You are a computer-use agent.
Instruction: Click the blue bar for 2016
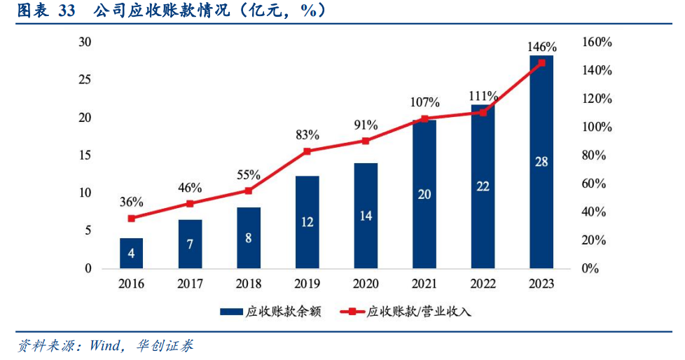click(131, 253)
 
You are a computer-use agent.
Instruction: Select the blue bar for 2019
click(307, 222)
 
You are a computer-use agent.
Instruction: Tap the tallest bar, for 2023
click(541, 162)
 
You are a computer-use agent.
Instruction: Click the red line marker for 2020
click(366, 141)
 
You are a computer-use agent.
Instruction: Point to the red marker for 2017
click(190, 204)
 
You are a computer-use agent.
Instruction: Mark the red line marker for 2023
click(541, 63)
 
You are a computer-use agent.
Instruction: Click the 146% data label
click(541, 47)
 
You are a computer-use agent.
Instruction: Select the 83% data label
click(307, 135)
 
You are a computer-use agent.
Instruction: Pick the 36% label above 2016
click(132, 202)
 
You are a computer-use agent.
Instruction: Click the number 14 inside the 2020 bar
click(366, 216)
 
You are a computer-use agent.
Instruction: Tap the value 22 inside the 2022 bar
click(483, 186)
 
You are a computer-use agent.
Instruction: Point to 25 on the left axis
click(85, 80)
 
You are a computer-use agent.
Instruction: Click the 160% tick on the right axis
click(597, 43)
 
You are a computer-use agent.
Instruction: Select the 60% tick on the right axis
click(594, 184)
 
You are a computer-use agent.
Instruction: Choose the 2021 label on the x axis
click(424, 284)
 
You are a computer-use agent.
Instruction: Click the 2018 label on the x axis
click(249, 284)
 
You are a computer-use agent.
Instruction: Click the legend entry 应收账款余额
click(271, 312)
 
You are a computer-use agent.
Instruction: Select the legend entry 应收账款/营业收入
click(406, 312)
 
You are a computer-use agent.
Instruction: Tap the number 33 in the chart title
click(67, 10)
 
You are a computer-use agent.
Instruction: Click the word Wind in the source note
click(104, 346)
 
